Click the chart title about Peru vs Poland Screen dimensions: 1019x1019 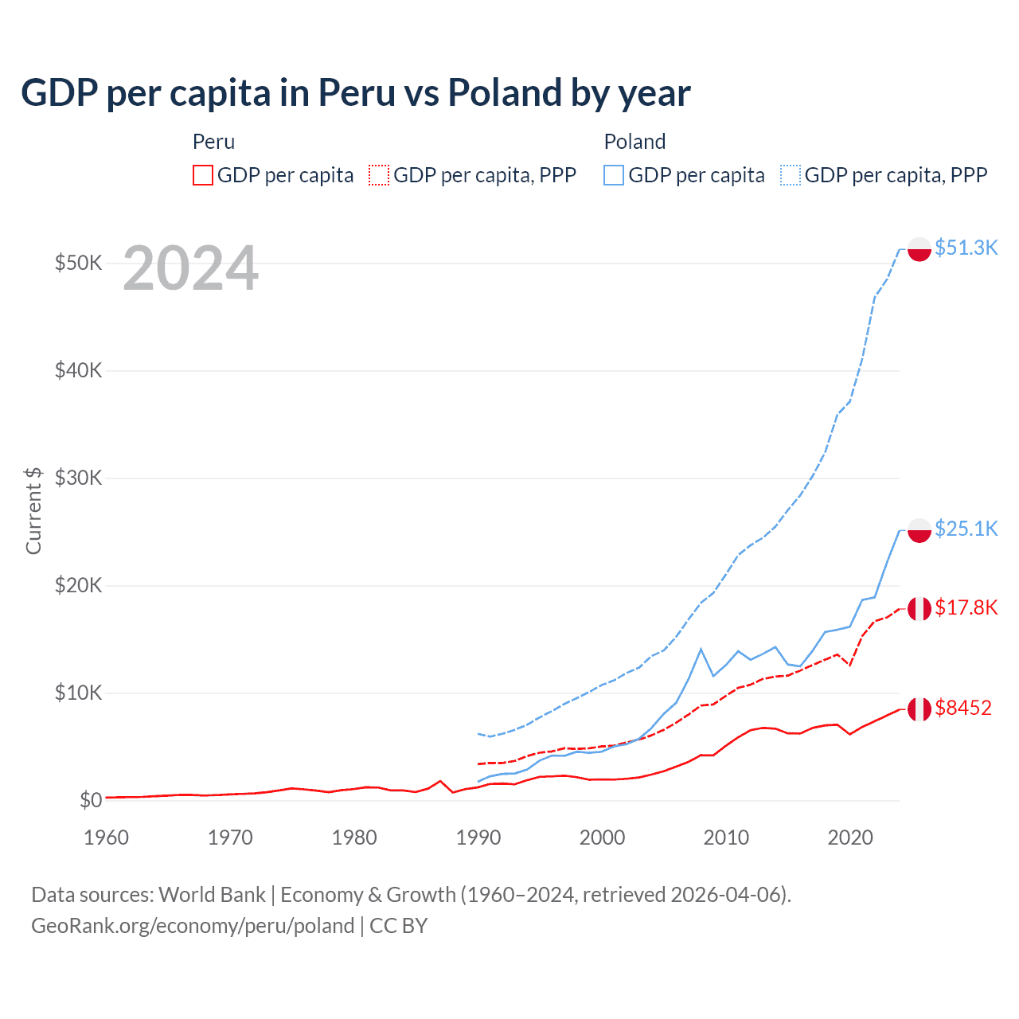pyautogui.click(x=355, y=93)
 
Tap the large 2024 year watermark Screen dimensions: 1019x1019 pyautogui.click(x=190, y=269)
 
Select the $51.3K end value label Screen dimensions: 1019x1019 pyautogui.click(x=966, y=248)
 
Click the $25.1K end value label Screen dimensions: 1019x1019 pyautogui.click(x=966, y=529)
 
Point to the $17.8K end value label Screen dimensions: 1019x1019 pyautogui.click(x=966, y=607)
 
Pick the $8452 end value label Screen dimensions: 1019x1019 pyautogui.click(x=962, y=708)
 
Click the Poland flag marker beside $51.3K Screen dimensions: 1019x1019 pyautogui.click(x=919, y=248)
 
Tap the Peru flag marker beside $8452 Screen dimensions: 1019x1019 pyautogui.click(x=919, y=709)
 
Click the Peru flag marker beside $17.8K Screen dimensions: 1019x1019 pyautogui.click(x=919, y=608)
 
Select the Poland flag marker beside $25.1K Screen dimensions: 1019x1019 pyautogui.click(x=919, y=530)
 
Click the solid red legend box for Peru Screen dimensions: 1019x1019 pyautogui.click(x=203, y=175)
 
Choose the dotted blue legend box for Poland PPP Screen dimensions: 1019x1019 pyautogui.click(x=791, y=175)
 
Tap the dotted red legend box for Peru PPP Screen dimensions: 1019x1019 pyautogui.click(x=379, y=175)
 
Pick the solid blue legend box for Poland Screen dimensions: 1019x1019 pyautogui.click(x=614, y=175)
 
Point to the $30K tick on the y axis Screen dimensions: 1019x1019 pyautogui.click(x=78, y=478)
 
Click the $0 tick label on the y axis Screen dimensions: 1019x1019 pyautogui.click(x=91, y=800)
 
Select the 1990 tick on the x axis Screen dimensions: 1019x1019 pyautogui.click(x=478, y=837)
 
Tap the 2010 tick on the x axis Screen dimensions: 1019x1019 pyautogui.click(x=726, y=837)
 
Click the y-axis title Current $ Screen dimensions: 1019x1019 pyautogui.click(x=33, y=510)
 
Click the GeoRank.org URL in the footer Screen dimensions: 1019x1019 pyautogui.click(x=193, y=926)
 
